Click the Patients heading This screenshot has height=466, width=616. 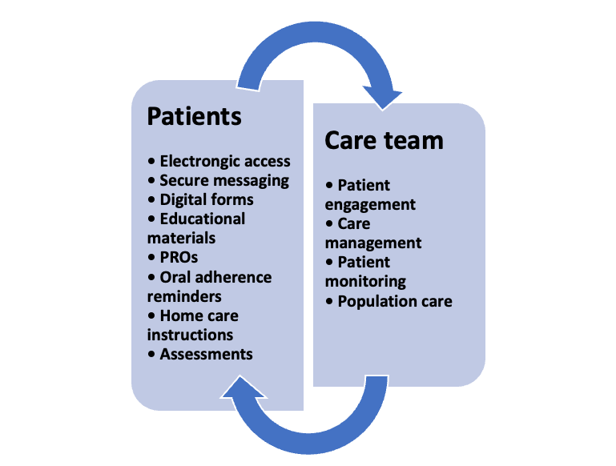click(x=194, y=116)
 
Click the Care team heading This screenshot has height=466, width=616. click(x=383, y=140)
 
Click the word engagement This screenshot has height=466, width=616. click(x=370, y=204)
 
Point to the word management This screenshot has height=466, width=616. click(x=373, y=243)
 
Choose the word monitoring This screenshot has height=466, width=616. click(x=365, y=281)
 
